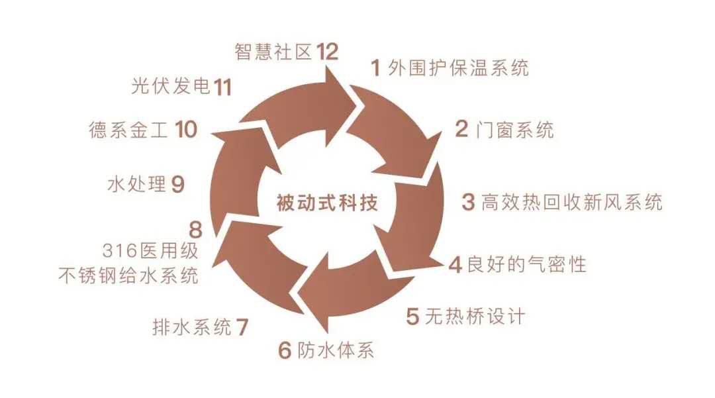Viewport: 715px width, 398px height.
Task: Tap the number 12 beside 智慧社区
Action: coord(327,52)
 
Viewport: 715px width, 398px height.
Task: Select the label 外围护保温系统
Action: coord(458,68)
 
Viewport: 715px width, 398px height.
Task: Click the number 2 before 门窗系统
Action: coord(461,129)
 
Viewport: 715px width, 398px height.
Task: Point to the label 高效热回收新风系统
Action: coord(572,202)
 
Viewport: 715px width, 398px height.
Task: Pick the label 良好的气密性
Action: coord(526,264)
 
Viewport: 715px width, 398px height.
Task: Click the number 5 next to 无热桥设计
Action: coord(412,317)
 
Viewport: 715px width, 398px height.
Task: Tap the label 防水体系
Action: coord(336,350)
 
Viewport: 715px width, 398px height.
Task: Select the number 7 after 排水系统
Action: coord(242,327)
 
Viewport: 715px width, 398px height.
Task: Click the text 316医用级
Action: coord(150,250)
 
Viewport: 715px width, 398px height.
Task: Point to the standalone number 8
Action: coord(195,230)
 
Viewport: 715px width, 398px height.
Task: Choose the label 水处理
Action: coord(136,184)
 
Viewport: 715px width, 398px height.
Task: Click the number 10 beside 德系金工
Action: coord(186,129)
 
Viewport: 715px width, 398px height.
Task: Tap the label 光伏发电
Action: coord(171,85)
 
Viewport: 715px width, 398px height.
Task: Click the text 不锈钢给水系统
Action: coord(129,275)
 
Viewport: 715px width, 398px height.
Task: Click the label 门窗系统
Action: coord(514,130)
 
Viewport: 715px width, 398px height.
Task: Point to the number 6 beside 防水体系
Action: coord(285,350)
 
